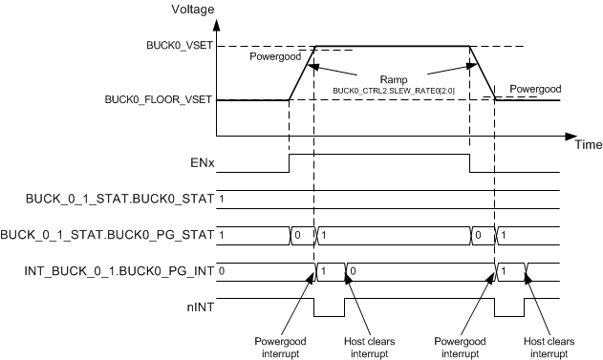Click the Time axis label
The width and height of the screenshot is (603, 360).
[x=588, y=145]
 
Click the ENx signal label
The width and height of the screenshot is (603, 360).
[x=200, y=163]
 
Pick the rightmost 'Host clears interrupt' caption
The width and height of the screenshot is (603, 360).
[x=550, y=346]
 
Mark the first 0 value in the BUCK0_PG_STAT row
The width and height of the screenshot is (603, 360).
[x=297, y=235]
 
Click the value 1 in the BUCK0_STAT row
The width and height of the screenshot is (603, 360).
[x=221, y=199]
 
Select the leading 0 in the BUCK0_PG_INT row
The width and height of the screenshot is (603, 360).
[x=221, y=271]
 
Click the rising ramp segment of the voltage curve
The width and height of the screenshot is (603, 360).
[x=302, y=73]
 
